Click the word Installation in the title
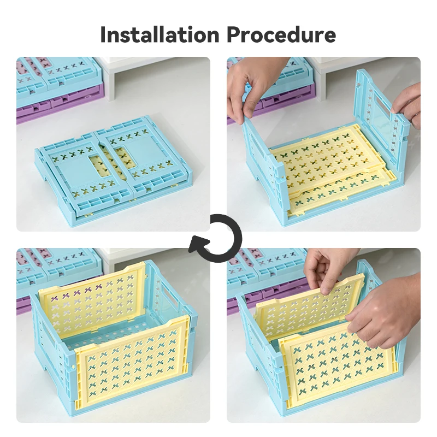(x=160, y=34)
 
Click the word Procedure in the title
(x=281, y=34)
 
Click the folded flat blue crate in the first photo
(x=114, y=170)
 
